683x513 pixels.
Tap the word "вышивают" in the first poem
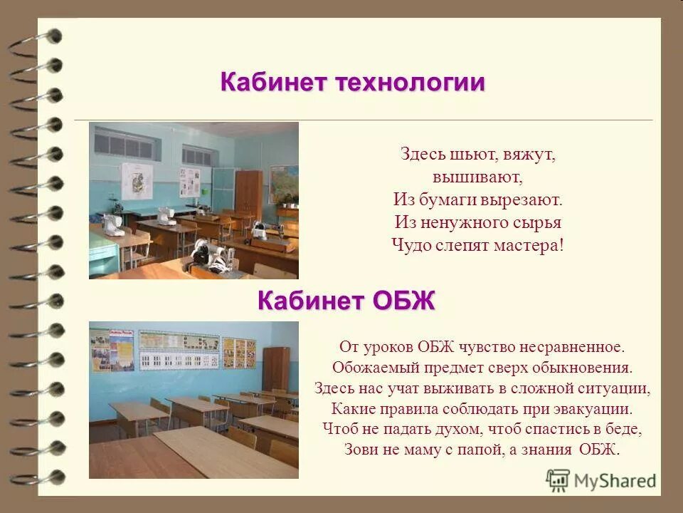[x=477, y=175]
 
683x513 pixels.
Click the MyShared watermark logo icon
[x=558, y=480]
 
